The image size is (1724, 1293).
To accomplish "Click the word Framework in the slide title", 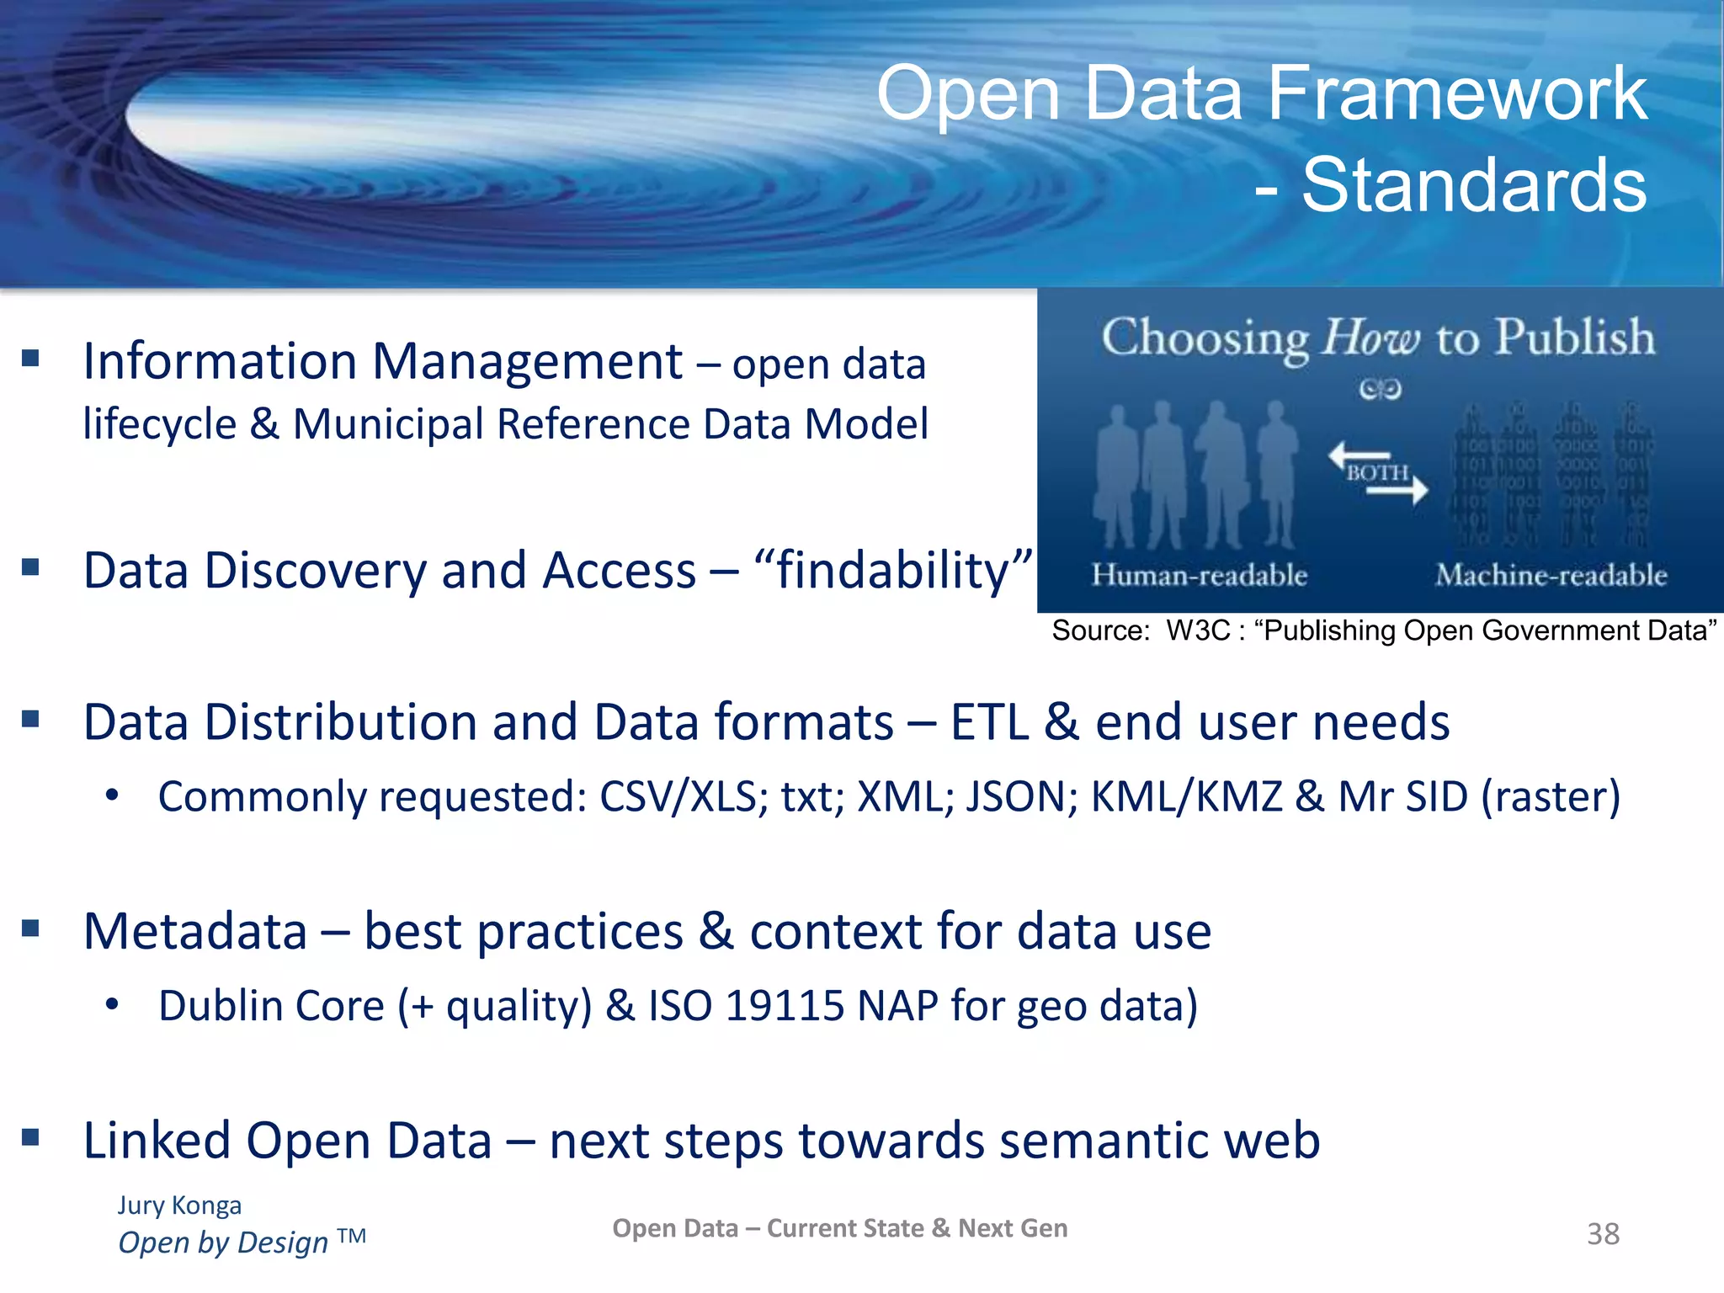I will click(1456, 94).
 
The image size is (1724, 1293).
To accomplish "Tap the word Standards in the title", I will click(1474, 186).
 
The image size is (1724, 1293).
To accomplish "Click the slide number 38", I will click(1603, 1234).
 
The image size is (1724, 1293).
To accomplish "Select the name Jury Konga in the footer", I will click(179, 1205).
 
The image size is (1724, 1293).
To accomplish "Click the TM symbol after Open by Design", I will click(352, 1236).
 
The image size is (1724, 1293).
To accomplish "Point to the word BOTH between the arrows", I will click(1377, 473).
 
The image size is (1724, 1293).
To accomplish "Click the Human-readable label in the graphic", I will click(1200, 575).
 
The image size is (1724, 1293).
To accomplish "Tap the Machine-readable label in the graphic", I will click(1551, 575).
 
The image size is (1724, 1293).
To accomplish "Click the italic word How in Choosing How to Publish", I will click(1371, 338).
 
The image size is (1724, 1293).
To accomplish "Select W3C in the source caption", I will click(1198, 631).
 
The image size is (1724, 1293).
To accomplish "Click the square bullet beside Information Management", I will click(31, 359).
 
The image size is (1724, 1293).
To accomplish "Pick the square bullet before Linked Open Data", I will click(31, 1138).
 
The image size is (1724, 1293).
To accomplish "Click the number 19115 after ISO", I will click(785, 1006).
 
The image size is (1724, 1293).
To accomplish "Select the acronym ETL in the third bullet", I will click(989, 722).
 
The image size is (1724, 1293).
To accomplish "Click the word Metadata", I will click(195, 931).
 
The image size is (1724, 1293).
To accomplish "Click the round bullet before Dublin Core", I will click(112, 1005).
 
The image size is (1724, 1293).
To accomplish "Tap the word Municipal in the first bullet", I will click(387, 423).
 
